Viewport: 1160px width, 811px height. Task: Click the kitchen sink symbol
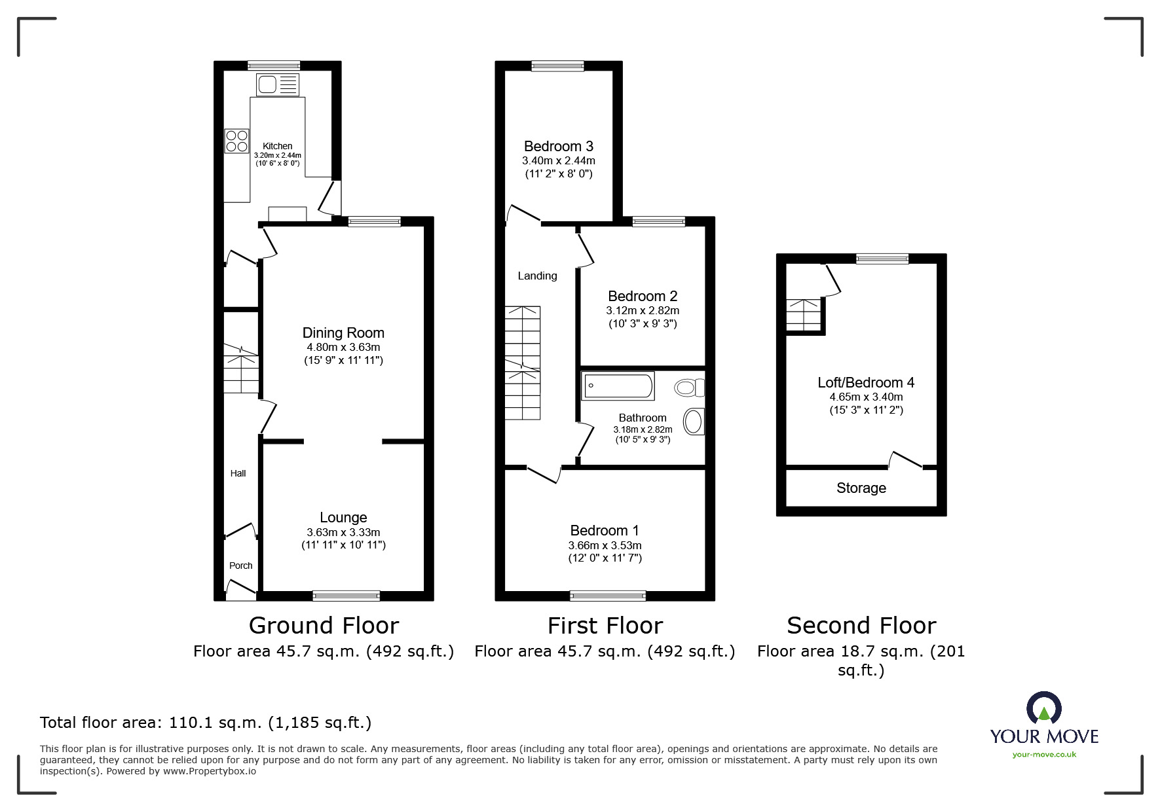278,85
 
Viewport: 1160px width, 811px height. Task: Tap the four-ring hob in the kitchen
236,141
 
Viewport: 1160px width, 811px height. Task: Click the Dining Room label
343,333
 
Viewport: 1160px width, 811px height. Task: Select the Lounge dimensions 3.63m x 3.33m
343,532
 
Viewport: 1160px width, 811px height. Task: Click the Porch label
240,566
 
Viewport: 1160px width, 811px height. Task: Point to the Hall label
238,473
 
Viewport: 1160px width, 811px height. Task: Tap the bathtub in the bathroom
618,386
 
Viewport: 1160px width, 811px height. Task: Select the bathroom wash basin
694,422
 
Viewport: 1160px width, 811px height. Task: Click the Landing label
537,276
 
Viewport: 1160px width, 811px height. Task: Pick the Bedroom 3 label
558,146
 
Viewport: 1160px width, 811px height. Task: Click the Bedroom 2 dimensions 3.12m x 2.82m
642,310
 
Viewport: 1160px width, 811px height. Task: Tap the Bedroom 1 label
604,530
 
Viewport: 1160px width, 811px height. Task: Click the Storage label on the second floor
861,488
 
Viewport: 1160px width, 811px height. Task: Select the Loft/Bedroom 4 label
865,382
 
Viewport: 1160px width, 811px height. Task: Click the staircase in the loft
803,315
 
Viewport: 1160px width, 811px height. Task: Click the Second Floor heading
861,625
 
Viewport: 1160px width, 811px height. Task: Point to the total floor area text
206,722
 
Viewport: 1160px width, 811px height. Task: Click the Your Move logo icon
1043,710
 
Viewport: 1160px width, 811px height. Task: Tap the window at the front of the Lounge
346,595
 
